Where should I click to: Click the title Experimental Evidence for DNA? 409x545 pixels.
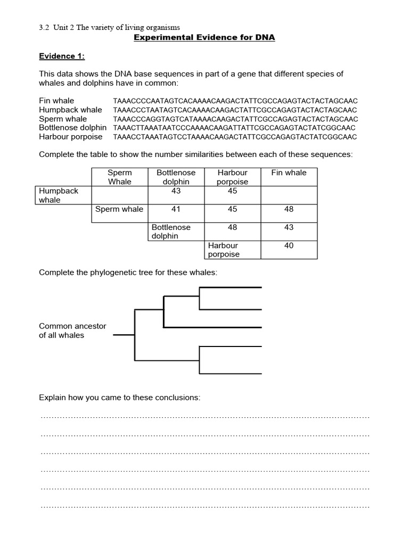[x=204, y=38]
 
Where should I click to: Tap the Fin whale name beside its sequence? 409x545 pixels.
[x=56, y=101]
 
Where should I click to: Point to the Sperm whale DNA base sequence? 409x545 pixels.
[x=235, y=119]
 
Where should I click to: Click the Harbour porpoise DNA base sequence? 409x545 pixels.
[x=235, y=137]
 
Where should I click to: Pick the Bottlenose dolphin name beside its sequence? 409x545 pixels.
[x=72, y=128]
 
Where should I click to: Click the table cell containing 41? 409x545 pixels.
[x=176, y=209]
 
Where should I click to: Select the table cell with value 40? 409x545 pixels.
[x=289, y=245]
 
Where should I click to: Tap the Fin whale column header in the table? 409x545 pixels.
[x=289, y=172]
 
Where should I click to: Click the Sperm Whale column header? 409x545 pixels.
[x=119, y=177]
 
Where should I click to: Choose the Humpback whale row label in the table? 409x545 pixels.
[x=59, y=195]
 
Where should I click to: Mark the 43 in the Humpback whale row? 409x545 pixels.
[x=176, y=191]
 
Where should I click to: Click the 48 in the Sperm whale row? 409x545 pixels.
[x=289, y=209]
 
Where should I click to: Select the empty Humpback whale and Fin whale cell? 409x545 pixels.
[x=289, y=195]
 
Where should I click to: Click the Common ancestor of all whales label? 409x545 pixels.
[x=72, y=331]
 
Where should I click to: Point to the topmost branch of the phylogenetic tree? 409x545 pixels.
[x=230, y=287]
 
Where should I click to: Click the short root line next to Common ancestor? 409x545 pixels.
[x=124, y=335]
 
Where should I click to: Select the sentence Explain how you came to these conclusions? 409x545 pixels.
[x=120, y=398]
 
